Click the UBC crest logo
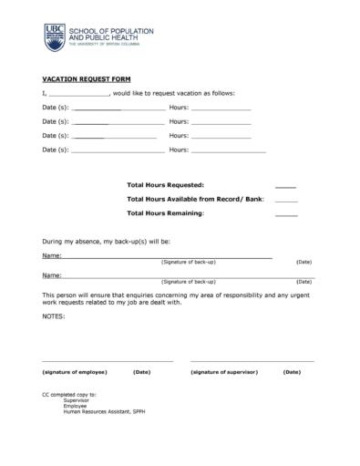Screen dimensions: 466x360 coord(55,36)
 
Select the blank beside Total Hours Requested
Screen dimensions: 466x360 coord(285,186)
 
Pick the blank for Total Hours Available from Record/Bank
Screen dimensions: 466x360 coord(285,200)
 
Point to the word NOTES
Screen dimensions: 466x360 coord(54,316)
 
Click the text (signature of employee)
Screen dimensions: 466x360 coord(75,372)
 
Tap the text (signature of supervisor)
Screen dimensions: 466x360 coord(224,372)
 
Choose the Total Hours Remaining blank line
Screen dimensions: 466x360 coord(285,214)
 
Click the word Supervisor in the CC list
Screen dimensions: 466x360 coord(77,400)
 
